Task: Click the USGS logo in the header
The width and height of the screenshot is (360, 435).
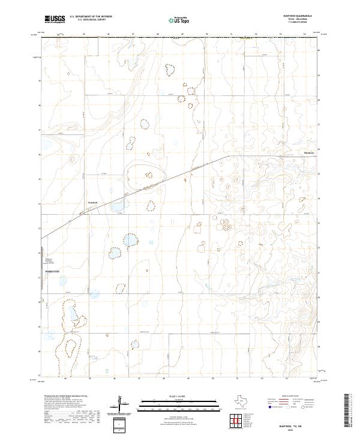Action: [x=54, y=19]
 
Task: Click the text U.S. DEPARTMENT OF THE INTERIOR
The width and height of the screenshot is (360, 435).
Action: [x=91, y=17]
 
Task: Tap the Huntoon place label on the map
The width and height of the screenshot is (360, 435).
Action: [x=309, y=153]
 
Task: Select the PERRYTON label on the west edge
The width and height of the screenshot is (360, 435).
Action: [x=53, y=271]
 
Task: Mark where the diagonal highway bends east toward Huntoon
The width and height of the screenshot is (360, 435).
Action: [x=227, y=157]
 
